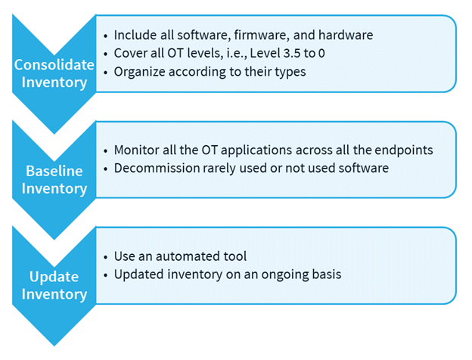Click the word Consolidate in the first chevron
coord(54,65)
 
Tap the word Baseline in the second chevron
coord(54,171)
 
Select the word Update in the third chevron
coord(54,278)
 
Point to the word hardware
coord(346,35)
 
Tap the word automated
coord(188,256)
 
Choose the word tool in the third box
coord(234,256)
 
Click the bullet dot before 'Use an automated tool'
coord(105,257)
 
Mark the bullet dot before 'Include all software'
coord(105,36)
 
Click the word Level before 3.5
coord(263,53)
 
